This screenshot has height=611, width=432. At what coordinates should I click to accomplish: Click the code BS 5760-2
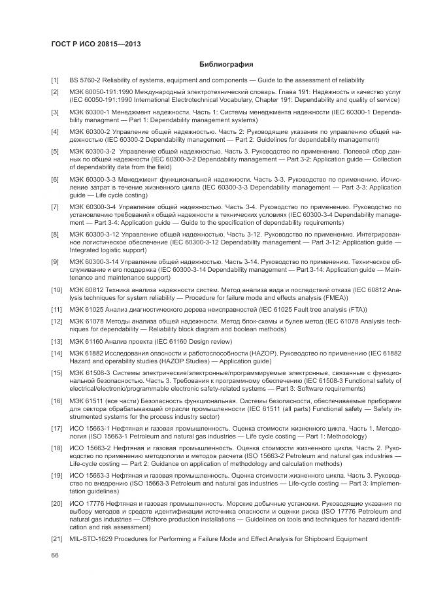tap(84, 80)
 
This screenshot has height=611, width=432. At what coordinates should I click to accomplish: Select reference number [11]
tap(57, 309)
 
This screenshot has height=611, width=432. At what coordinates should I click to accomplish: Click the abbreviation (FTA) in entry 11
tap(356, 309)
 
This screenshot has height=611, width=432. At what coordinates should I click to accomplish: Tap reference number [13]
tap(57, 342)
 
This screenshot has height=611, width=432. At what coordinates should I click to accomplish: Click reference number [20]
tap(57, 505)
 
